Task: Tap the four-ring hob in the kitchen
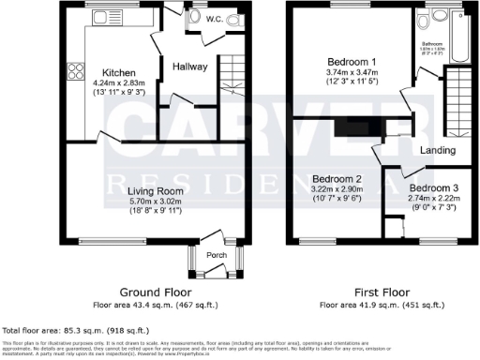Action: (x=73, y=71)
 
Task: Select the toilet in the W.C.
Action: (x=231, y=18)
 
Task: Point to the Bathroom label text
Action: (x=431, y=43)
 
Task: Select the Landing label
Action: (x=438, y=150)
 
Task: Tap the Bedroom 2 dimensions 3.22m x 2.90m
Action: (x=337, y=189)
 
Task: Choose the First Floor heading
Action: (x=382, y=292)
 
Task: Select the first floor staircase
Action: (x=457, y=101)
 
